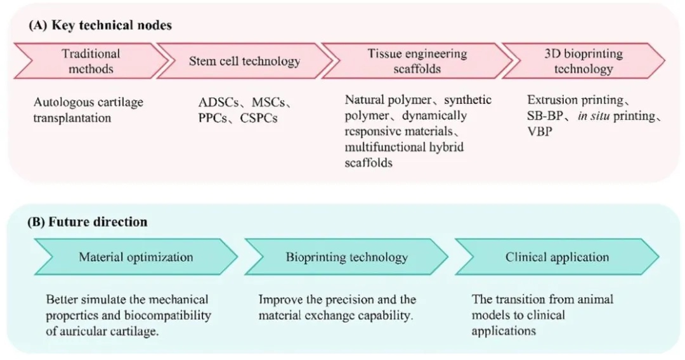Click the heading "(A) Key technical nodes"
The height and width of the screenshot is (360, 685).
point(99,26)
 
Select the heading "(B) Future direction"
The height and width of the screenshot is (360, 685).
point(87,222)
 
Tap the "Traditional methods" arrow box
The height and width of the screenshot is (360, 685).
point(91,61)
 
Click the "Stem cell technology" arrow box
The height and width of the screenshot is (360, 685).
point(244,61)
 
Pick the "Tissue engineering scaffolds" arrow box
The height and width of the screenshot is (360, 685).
point(417,61)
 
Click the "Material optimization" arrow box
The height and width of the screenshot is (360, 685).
point(136,257)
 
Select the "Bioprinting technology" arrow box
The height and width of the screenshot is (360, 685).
point(346,257)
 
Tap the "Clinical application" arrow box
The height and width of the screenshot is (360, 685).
point(557,257)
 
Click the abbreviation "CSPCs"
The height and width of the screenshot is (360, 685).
point(258,118)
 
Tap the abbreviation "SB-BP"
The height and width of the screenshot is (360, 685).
point(547,117)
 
